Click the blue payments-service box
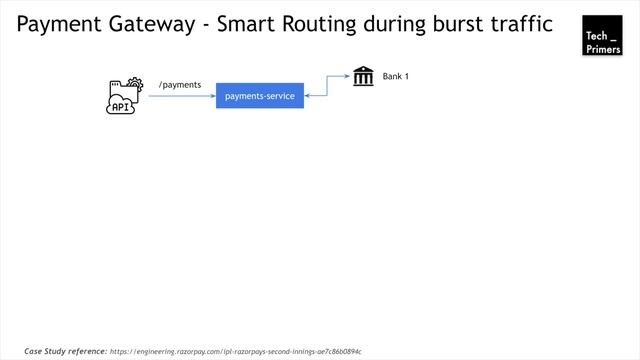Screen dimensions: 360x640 (259, 96)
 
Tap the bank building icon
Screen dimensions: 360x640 (363, 76)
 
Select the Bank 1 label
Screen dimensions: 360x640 (396, 77)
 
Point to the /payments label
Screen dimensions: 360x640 (180, 85)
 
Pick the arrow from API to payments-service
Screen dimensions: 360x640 (182, 97)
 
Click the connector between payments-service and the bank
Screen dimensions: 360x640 (327, 86)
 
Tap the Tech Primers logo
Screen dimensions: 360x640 (602, 35)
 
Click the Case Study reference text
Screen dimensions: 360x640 (65, 351)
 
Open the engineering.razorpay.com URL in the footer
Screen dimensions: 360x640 (235, 352)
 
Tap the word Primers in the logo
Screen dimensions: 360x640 (603, 47)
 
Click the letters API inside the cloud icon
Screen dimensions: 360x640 (121, 106)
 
